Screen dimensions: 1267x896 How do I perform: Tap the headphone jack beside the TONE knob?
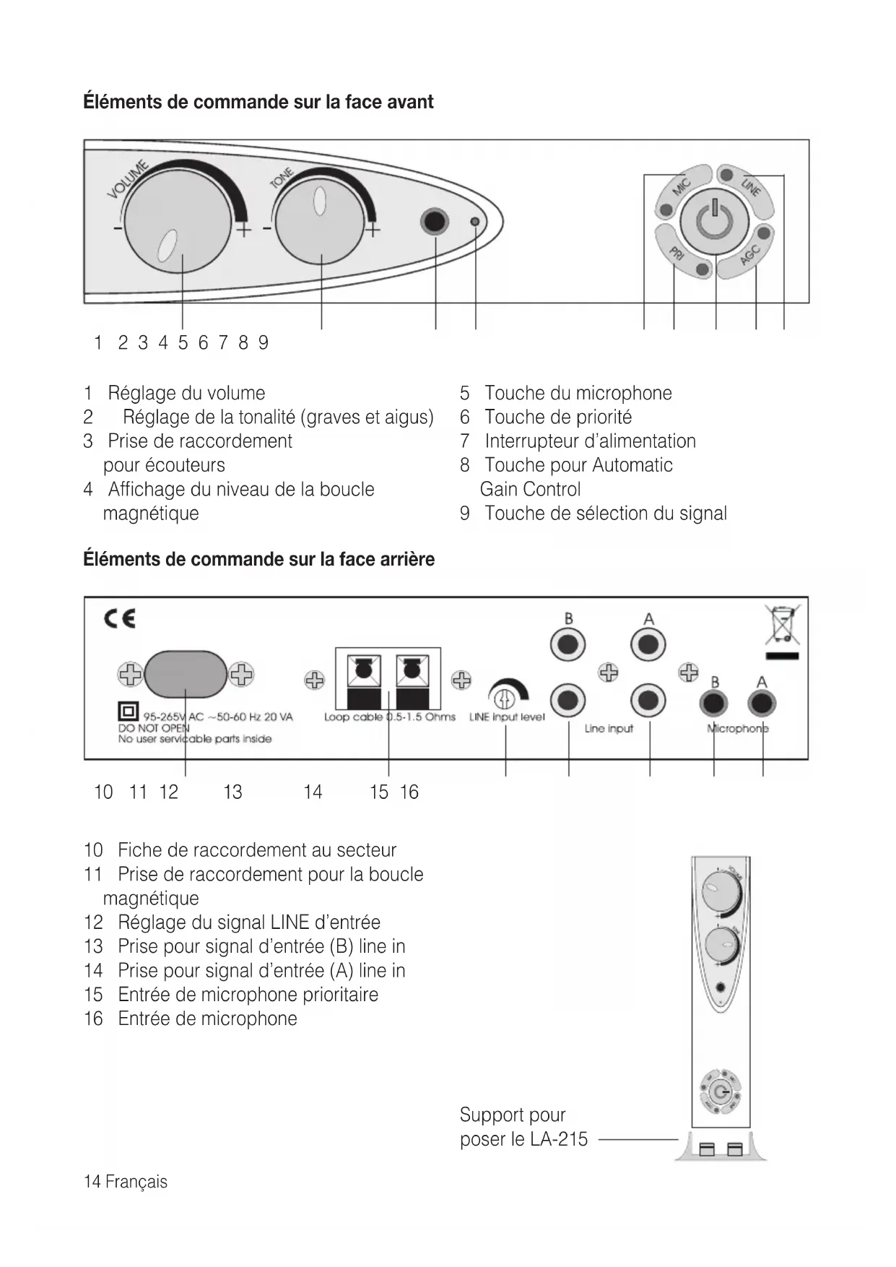(x=435, y=221)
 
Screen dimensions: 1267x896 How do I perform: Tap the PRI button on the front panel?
(x=679, y=256)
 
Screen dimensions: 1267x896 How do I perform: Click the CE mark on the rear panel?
(x=120, y=619)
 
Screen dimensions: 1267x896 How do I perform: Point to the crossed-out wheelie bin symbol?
(x=782, y=626)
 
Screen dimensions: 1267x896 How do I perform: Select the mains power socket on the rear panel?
(x=186, y=674)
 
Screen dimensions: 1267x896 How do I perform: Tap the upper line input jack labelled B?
(x=568, y=644)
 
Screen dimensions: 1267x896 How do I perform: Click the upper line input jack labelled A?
(x=648, y=644)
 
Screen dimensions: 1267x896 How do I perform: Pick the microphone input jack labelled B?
(x=714, y=703)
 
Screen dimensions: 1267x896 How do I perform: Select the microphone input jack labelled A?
(x=762, y=703)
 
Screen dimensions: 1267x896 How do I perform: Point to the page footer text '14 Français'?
(x=126, y=1182)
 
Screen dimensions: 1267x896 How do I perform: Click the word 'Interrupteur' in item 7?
(x=531, y=441)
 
